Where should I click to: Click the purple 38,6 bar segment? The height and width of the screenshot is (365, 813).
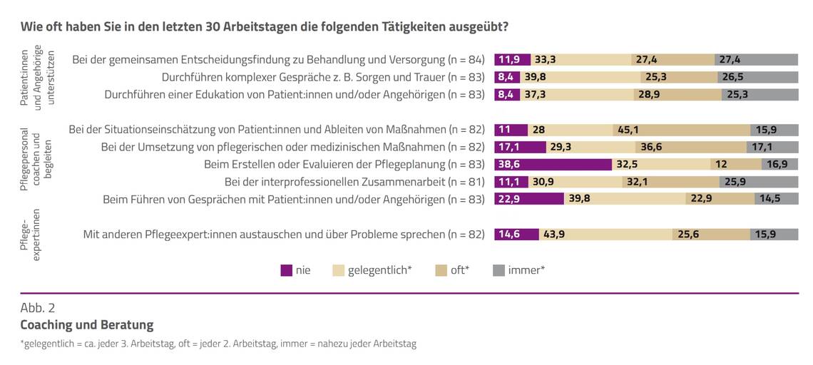(553, 165)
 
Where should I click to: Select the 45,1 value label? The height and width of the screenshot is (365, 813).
(628, 130)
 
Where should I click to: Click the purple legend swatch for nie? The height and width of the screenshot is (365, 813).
(287, 270)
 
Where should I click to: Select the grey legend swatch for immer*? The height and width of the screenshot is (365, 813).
(498, 270)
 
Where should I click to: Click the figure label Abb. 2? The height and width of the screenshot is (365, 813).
(38, 308)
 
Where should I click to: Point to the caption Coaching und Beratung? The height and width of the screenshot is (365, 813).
(86, 325)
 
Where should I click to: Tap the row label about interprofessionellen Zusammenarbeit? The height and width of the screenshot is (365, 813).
(354, 182)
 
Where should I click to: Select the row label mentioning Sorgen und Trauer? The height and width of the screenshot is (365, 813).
(323, 76)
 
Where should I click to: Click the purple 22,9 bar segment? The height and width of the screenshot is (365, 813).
(528, 199)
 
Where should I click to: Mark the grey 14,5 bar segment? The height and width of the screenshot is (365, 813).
(776, 199)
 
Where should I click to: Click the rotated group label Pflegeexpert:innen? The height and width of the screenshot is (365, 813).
(32, 234)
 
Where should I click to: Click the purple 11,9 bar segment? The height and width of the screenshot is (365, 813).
(511, 59)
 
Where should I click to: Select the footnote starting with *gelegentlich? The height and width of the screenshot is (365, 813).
(218, 344)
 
